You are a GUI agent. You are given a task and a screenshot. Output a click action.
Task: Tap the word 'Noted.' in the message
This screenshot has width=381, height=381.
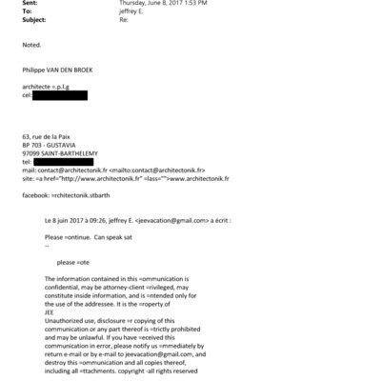(31, 44)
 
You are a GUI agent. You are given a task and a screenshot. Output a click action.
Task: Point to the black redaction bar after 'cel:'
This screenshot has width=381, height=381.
(59, 95)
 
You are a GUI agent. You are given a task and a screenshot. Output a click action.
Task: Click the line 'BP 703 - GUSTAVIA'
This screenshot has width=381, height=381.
(51, 147)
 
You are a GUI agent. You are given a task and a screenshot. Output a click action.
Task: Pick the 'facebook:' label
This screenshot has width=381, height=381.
(35, 194)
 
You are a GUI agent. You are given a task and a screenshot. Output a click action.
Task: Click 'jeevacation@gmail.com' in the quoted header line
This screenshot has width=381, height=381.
(173, 220)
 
